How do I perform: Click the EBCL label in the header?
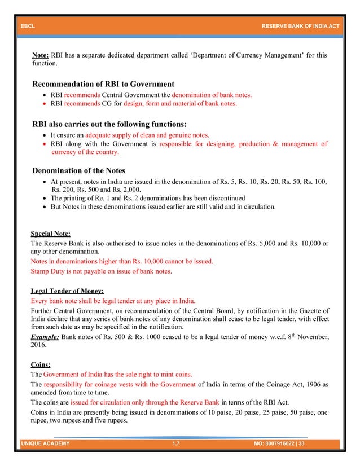click(27, 26)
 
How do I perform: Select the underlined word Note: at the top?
click(41, 56)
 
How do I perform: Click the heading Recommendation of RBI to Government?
click(103, 84)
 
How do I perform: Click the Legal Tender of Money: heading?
click(67, 291)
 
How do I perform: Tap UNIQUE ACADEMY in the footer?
click(45, 444)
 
